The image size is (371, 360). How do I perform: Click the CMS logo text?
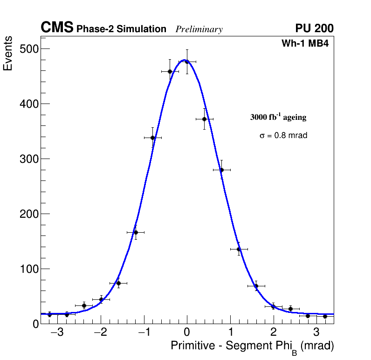[x=57, y=28]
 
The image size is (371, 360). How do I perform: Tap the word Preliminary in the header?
[x=199, y=29]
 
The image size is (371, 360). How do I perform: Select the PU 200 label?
[x=314, y=28]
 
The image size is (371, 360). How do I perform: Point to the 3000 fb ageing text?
[x=278, y=117]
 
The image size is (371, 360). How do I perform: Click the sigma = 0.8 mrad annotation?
[x=283, y=136]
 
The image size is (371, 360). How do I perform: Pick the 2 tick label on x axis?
[x=273, y=333]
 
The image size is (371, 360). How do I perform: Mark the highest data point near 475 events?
[x=187, y=62]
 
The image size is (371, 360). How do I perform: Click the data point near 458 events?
[x=170, y=71]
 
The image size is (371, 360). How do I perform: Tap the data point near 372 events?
[x=204, y=119]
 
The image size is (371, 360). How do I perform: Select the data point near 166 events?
[x=136, y=232]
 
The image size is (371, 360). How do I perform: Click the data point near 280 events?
[x=221, y=170]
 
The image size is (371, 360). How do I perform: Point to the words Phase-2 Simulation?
[x=121, y=29]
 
